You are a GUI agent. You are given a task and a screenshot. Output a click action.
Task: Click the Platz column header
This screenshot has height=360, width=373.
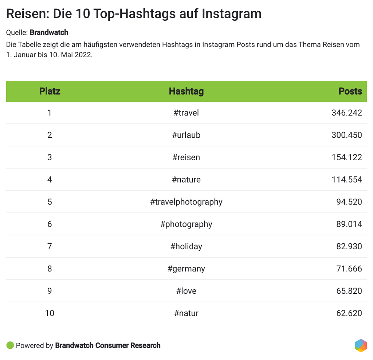click(50, 91)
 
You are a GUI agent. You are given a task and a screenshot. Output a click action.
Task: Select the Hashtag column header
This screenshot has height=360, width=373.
click(186, 91)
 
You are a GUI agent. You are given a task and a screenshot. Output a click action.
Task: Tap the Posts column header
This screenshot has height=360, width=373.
click(350, 91)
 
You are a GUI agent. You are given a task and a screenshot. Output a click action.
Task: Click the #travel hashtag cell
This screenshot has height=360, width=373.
click(186, 113)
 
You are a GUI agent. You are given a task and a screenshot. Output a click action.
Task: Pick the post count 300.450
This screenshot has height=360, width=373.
click(346, 135)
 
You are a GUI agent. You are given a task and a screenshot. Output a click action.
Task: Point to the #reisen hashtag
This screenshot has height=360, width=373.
click(186, 157)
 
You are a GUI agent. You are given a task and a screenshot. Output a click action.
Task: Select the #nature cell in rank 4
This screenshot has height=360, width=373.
click(186, 180)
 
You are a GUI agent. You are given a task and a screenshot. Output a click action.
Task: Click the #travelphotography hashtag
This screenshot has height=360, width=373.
click(186, 202)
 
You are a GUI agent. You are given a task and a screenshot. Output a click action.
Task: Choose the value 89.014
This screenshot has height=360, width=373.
click(349, 224)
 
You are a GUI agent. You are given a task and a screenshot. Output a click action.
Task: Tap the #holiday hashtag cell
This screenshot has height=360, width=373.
click(186, 246)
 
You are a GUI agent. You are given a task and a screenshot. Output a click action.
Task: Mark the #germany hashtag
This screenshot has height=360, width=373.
click(186, 269)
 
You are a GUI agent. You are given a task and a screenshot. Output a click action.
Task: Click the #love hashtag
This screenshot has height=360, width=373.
click(186, 291)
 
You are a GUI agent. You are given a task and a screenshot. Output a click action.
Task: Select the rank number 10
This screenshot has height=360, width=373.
click(50, 313)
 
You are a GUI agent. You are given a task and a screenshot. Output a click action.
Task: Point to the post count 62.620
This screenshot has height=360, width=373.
click(349, 313)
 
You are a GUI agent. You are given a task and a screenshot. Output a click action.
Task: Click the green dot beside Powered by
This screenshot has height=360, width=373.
click(10, 345)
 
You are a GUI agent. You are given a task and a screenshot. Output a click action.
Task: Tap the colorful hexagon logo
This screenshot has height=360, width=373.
click(361, 345)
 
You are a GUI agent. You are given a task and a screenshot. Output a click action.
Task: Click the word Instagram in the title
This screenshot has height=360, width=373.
click(231, 14)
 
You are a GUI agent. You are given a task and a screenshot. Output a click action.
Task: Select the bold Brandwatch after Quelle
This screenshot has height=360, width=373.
click(49, 32)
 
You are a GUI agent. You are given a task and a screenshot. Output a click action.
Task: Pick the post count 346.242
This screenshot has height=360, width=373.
click(346, 113)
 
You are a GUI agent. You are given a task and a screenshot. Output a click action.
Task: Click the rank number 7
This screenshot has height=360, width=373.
click(50, 246)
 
